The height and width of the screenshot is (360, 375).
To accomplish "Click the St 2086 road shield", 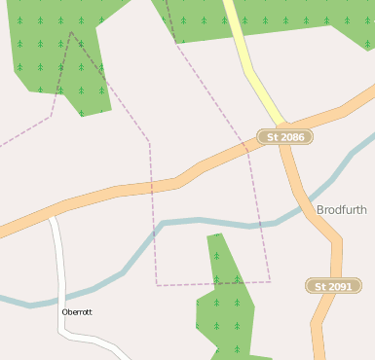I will (x=285, y=137).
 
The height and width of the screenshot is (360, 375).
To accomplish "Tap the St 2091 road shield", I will (x=334, y=286).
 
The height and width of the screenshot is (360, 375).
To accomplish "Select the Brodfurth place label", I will (x=342, y=209).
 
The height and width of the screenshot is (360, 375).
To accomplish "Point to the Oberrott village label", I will (x=77, y=312).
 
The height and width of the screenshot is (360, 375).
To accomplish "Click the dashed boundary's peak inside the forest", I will (x=72, y=32).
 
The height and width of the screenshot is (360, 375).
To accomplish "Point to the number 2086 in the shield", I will (x=292, y=137).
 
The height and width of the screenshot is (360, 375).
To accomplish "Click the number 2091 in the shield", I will (x=340, y=286).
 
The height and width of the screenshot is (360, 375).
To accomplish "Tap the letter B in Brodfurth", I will (x=320, y=209).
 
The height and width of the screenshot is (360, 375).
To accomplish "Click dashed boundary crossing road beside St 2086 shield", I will (x=247, y=147).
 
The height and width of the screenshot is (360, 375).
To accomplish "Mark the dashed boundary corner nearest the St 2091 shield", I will (x=270, y=282).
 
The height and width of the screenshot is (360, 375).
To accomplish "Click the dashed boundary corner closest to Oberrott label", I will (x=157, y=285).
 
